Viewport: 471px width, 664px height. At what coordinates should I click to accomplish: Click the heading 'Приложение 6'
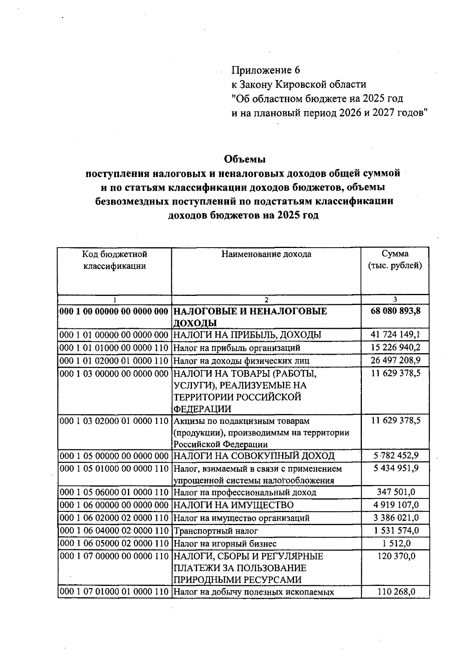pos(265,70)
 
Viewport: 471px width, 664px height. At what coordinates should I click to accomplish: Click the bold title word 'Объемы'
pos(245,159)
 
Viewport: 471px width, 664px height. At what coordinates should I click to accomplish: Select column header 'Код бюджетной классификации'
pos(114,260)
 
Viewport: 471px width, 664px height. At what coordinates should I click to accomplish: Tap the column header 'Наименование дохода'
pos(266,254)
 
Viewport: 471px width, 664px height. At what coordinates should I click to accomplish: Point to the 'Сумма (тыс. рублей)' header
pos(395,260)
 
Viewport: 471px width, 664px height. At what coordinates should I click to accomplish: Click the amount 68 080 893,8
pos(395,311)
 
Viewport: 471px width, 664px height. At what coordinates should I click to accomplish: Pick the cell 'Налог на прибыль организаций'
pos(237,348)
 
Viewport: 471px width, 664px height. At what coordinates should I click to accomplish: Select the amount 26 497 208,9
pos(395,360)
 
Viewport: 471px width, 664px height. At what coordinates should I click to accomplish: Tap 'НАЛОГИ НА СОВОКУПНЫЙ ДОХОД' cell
pos(254,456)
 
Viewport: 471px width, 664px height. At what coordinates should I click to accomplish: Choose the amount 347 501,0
pos(396,492)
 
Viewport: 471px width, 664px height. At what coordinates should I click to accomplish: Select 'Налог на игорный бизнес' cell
pos(225,544)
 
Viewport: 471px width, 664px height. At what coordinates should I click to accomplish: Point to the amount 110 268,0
pos(396,592)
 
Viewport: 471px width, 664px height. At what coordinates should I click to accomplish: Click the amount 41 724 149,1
pos(395,335)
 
